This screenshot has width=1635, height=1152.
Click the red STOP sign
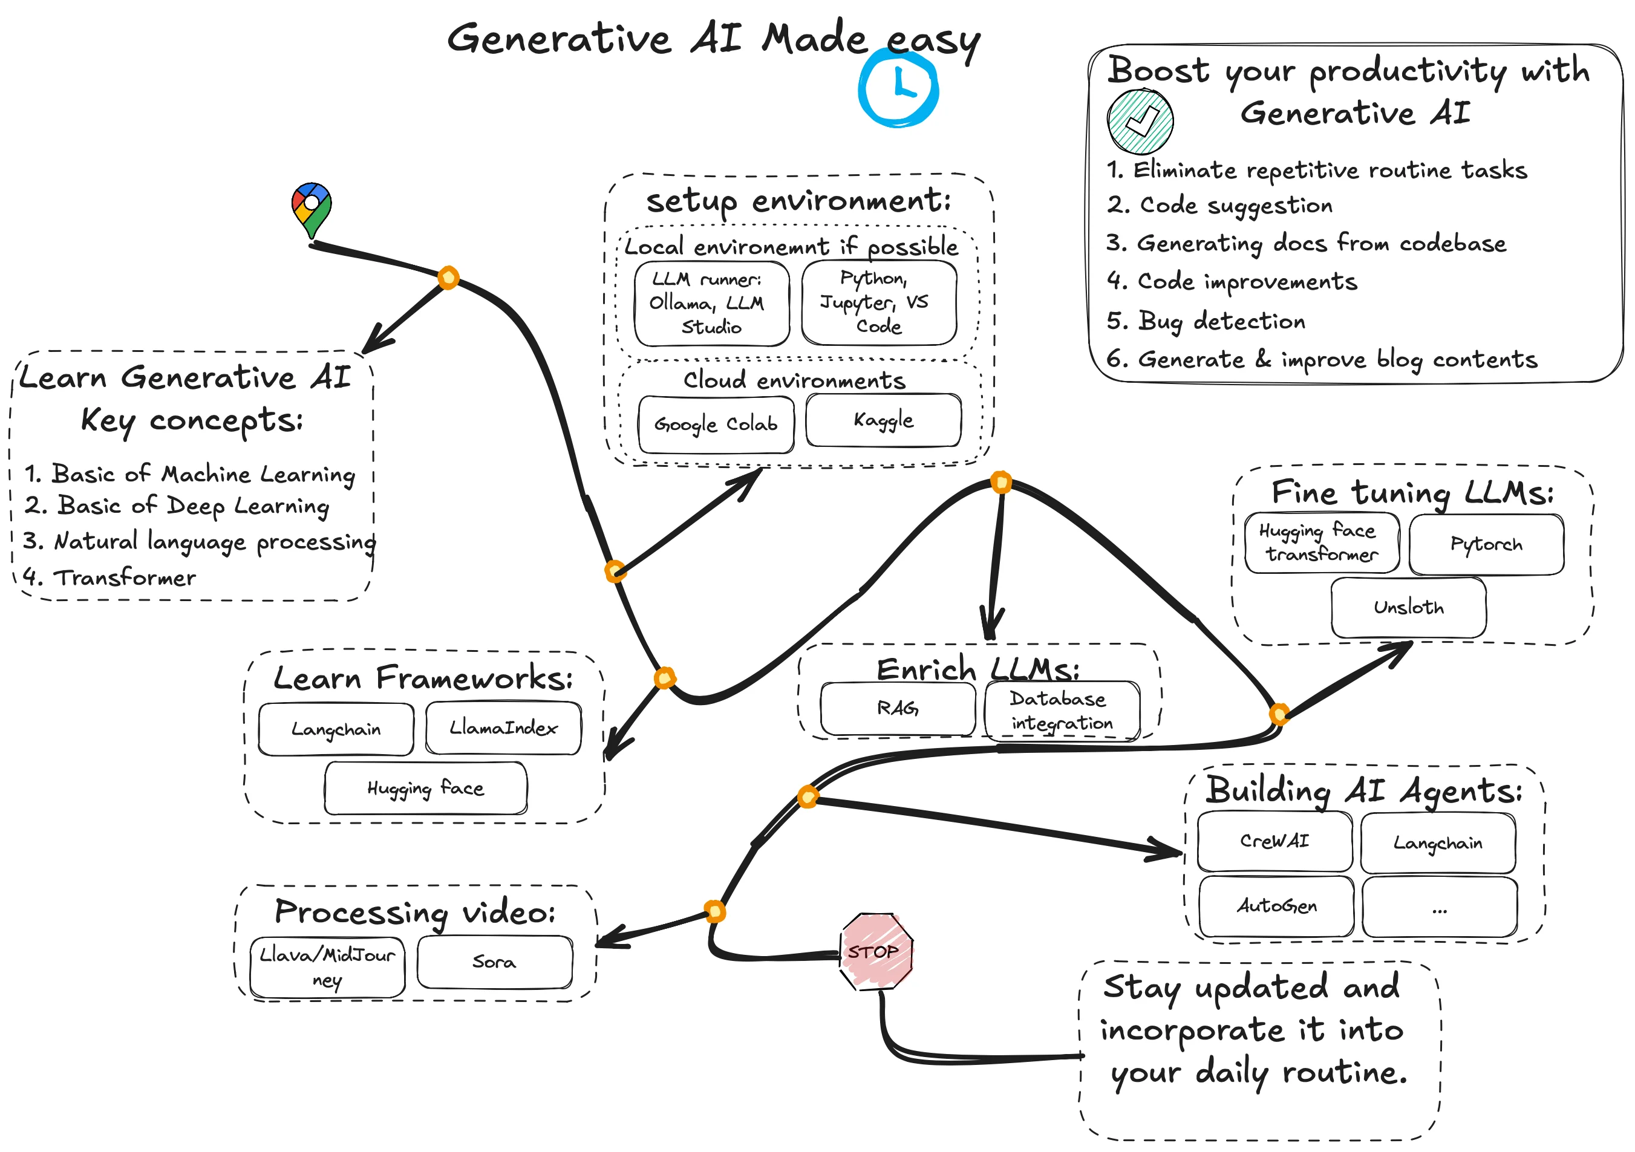(x=876, y=952)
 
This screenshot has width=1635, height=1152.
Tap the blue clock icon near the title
(x=899, y=89)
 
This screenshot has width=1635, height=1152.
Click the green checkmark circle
(x=1140, y=121)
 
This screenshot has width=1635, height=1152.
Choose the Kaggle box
(x=883, y=420)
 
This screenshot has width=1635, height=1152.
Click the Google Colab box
(x=716, y=425)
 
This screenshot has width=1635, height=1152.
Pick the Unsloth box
(x=1408, y=607)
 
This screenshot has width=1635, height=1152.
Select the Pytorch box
(x=1486, y=545)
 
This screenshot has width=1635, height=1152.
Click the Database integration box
(x=1061, y=711)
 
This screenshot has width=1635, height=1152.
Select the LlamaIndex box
(x=503, y=727)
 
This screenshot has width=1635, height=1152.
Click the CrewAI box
(x=1274, y=841)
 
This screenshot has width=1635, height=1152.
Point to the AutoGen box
(x=1276, y=906)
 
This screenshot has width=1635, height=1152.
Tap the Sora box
(x=494, y=962)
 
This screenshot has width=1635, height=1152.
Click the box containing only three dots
(x=1439, y=908)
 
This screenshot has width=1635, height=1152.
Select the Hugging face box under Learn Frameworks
(x=425, y=788)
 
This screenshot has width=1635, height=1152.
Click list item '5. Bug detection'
(x=1206, y=321)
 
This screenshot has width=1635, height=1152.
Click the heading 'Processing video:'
(x=414, y=912)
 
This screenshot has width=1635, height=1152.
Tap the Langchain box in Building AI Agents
(x=1437, y=843)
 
